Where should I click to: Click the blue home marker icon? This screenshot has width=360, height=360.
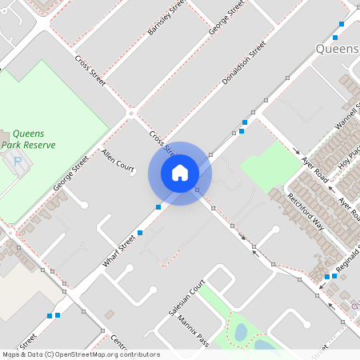click(x=180, y=173)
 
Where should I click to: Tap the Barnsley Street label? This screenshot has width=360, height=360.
click(x=166, y=18)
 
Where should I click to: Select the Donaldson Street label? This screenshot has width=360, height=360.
click(x=243, y=65)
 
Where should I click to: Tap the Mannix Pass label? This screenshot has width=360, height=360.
click(x=194, y=331)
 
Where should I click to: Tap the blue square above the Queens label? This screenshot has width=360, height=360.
click(x=342, y=25)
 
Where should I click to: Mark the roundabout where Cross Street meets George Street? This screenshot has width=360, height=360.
click(x=131, y=114)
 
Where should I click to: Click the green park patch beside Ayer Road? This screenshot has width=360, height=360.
click(x=269, y=166)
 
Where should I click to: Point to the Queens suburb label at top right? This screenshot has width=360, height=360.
click(x=337, y=48)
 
